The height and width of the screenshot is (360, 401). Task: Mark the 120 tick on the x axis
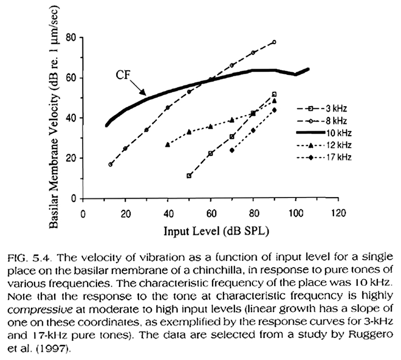click(338, 214)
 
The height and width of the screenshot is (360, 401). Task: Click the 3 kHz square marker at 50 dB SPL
click(189, 176)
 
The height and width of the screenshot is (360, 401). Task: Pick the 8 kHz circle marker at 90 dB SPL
click(274, 42)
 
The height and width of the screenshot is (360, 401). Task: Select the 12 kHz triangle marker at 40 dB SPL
click(167, 145)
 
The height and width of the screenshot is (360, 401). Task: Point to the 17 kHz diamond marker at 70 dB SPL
click(232, 150)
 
